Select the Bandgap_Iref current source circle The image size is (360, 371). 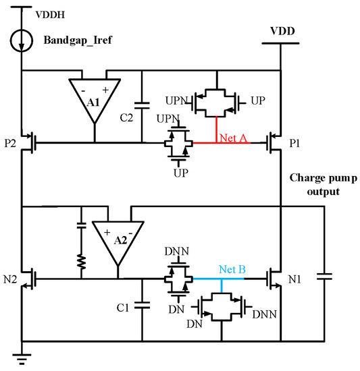point(22,41)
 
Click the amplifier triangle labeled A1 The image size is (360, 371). point(95,98)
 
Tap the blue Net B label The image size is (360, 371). point(232,268)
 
